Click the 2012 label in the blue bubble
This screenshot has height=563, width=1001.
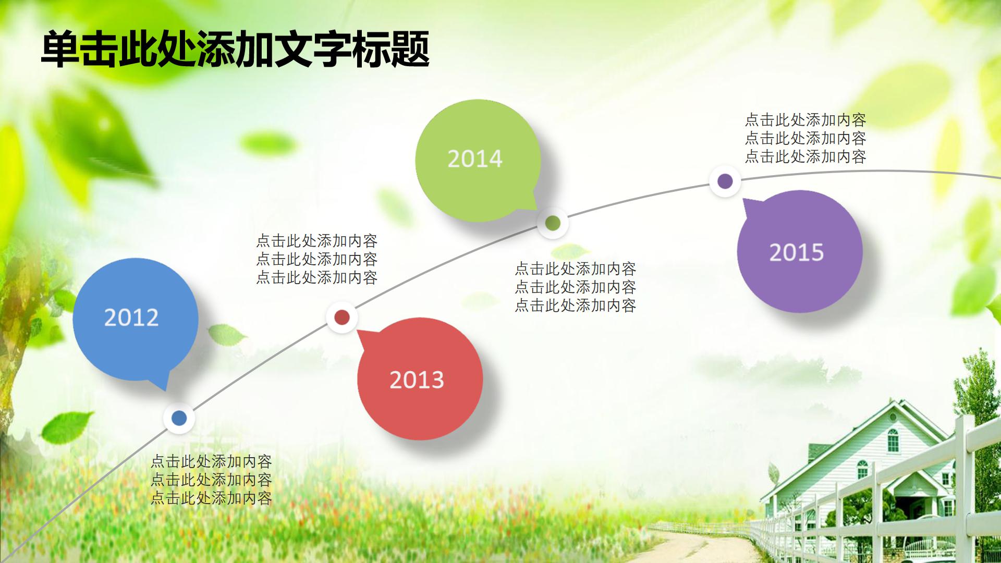click(x=131, y=317)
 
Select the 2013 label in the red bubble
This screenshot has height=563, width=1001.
click(x=417, y=380)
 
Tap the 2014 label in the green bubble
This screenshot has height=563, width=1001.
click(x=475, y=159)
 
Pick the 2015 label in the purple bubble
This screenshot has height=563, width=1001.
click(x=797, y=253)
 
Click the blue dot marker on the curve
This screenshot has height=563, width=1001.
click(x=179, y=418)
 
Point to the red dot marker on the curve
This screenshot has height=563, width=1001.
click(x=341, y=317)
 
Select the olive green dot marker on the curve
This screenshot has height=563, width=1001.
click(x=553, y=223)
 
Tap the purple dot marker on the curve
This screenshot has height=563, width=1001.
click(x=725, y=181)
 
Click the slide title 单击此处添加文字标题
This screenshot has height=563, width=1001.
click(x=235, y=50)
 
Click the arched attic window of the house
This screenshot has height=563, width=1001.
click(x=893, y=440)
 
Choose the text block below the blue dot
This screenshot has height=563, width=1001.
click(x=211, y=480)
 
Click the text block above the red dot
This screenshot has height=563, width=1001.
click(x=316, y=259)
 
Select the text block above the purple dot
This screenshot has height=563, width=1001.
click(x=805, y=138)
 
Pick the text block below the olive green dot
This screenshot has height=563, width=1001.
click(x=575, y=287)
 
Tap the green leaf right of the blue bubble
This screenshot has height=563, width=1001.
click(x=227, y=334)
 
